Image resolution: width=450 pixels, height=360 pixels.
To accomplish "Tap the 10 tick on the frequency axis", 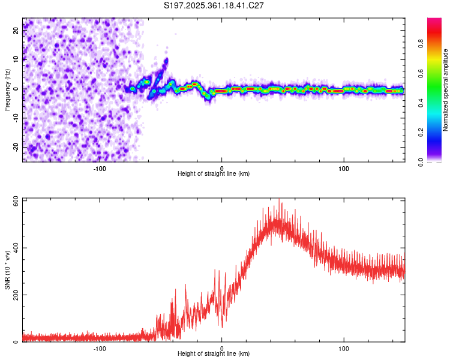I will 16,59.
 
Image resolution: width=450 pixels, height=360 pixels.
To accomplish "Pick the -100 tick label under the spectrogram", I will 100,168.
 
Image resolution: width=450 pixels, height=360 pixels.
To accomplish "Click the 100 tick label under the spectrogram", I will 344,168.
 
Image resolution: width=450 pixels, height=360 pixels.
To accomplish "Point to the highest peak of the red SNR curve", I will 278,199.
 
